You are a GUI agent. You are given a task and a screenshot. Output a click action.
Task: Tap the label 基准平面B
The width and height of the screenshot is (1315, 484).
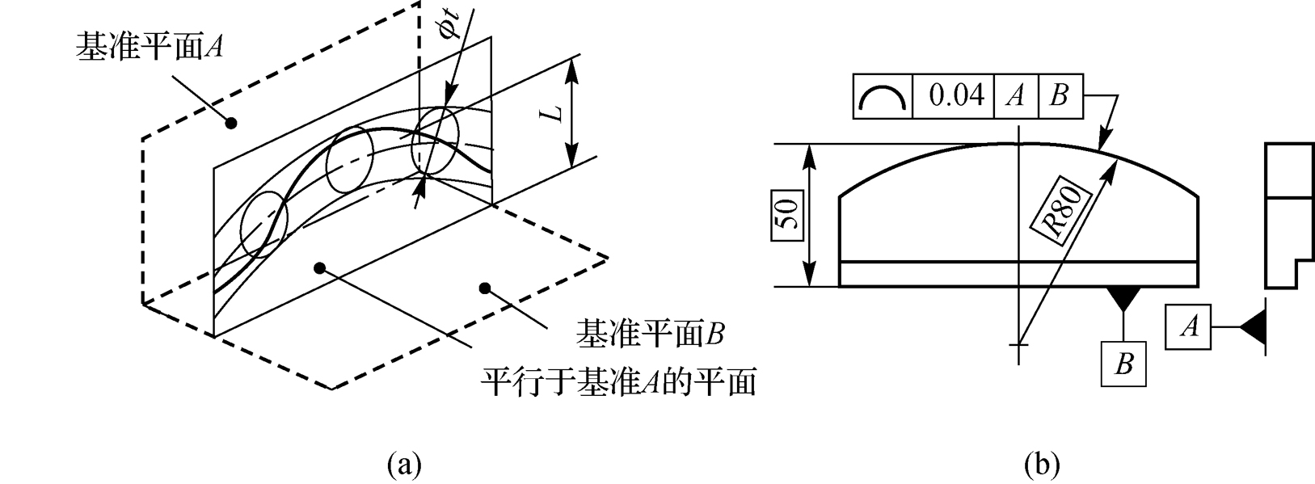[648, 334]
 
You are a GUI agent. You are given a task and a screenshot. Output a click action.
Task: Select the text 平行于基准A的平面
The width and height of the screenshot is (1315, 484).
[618, 381]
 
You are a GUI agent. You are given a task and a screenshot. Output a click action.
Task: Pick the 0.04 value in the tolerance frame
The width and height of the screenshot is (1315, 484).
[957, 96]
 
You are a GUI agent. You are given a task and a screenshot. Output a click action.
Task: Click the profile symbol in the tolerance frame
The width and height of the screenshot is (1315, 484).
[883, 97]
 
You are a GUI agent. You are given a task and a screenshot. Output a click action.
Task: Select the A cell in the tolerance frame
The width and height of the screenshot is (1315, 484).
[1016, 96]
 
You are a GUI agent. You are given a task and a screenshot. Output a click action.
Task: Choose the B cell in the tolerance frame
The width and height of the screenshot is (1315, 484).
[1059, 96]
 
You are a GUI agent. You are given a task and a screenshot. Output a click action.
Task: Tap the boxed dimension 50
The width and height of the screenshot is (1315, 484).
[788, 215]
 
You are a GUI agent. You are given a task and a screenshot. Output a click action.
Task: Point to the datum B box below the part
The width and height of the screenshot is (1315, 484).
[1123, 364]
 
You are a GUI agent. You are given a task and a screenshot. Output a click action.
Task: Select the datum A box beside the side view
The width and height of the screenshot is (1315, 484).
[1188, 327]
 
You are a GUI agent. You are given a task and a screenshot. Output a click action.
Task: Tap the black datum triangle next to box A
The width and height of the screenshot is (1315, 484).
[1252, 327]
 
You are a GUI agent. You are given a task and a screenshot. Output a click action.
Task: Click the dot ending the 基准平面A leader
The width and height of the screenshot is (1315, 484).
[231, 124]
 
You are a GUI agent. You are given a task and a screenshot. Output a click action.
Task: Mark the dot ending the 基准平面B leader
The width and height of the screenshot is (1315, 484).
[485, 287]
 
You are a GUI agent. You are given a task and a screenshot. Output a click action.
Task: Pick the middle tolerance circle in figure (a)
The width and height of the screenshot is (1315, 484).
[349, 158]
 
